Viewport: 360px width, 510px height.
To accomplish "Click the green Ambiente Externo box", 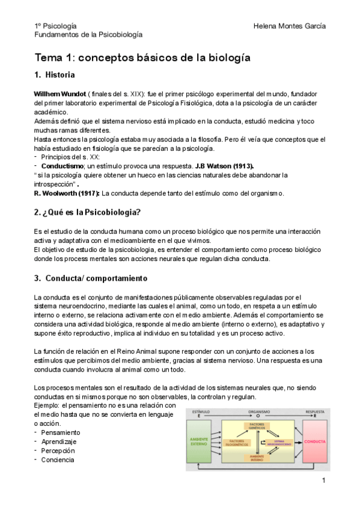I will coord(204,441).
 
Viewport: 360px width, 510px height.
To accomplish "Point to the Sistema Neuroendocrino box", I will coord(281,442).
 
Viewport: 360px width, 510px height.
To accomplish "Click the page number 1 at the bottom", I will coord(323,480).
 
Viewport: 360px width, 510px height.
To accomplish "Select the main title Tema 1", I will coord(142,58).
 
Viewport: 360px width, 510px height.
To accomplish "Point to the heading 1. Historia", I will coord(55,76).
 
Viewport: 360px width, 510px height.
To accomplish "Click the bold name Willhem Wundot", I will coord(59,95).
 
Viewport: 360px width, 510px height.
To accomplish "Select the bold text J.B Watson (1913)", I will coord(221,165).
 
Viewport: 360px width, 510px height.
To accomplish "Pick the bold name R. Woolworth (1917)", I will coord(67,193).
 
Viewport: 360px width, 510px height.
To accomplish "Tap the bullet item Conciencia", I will coord(58,459).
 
